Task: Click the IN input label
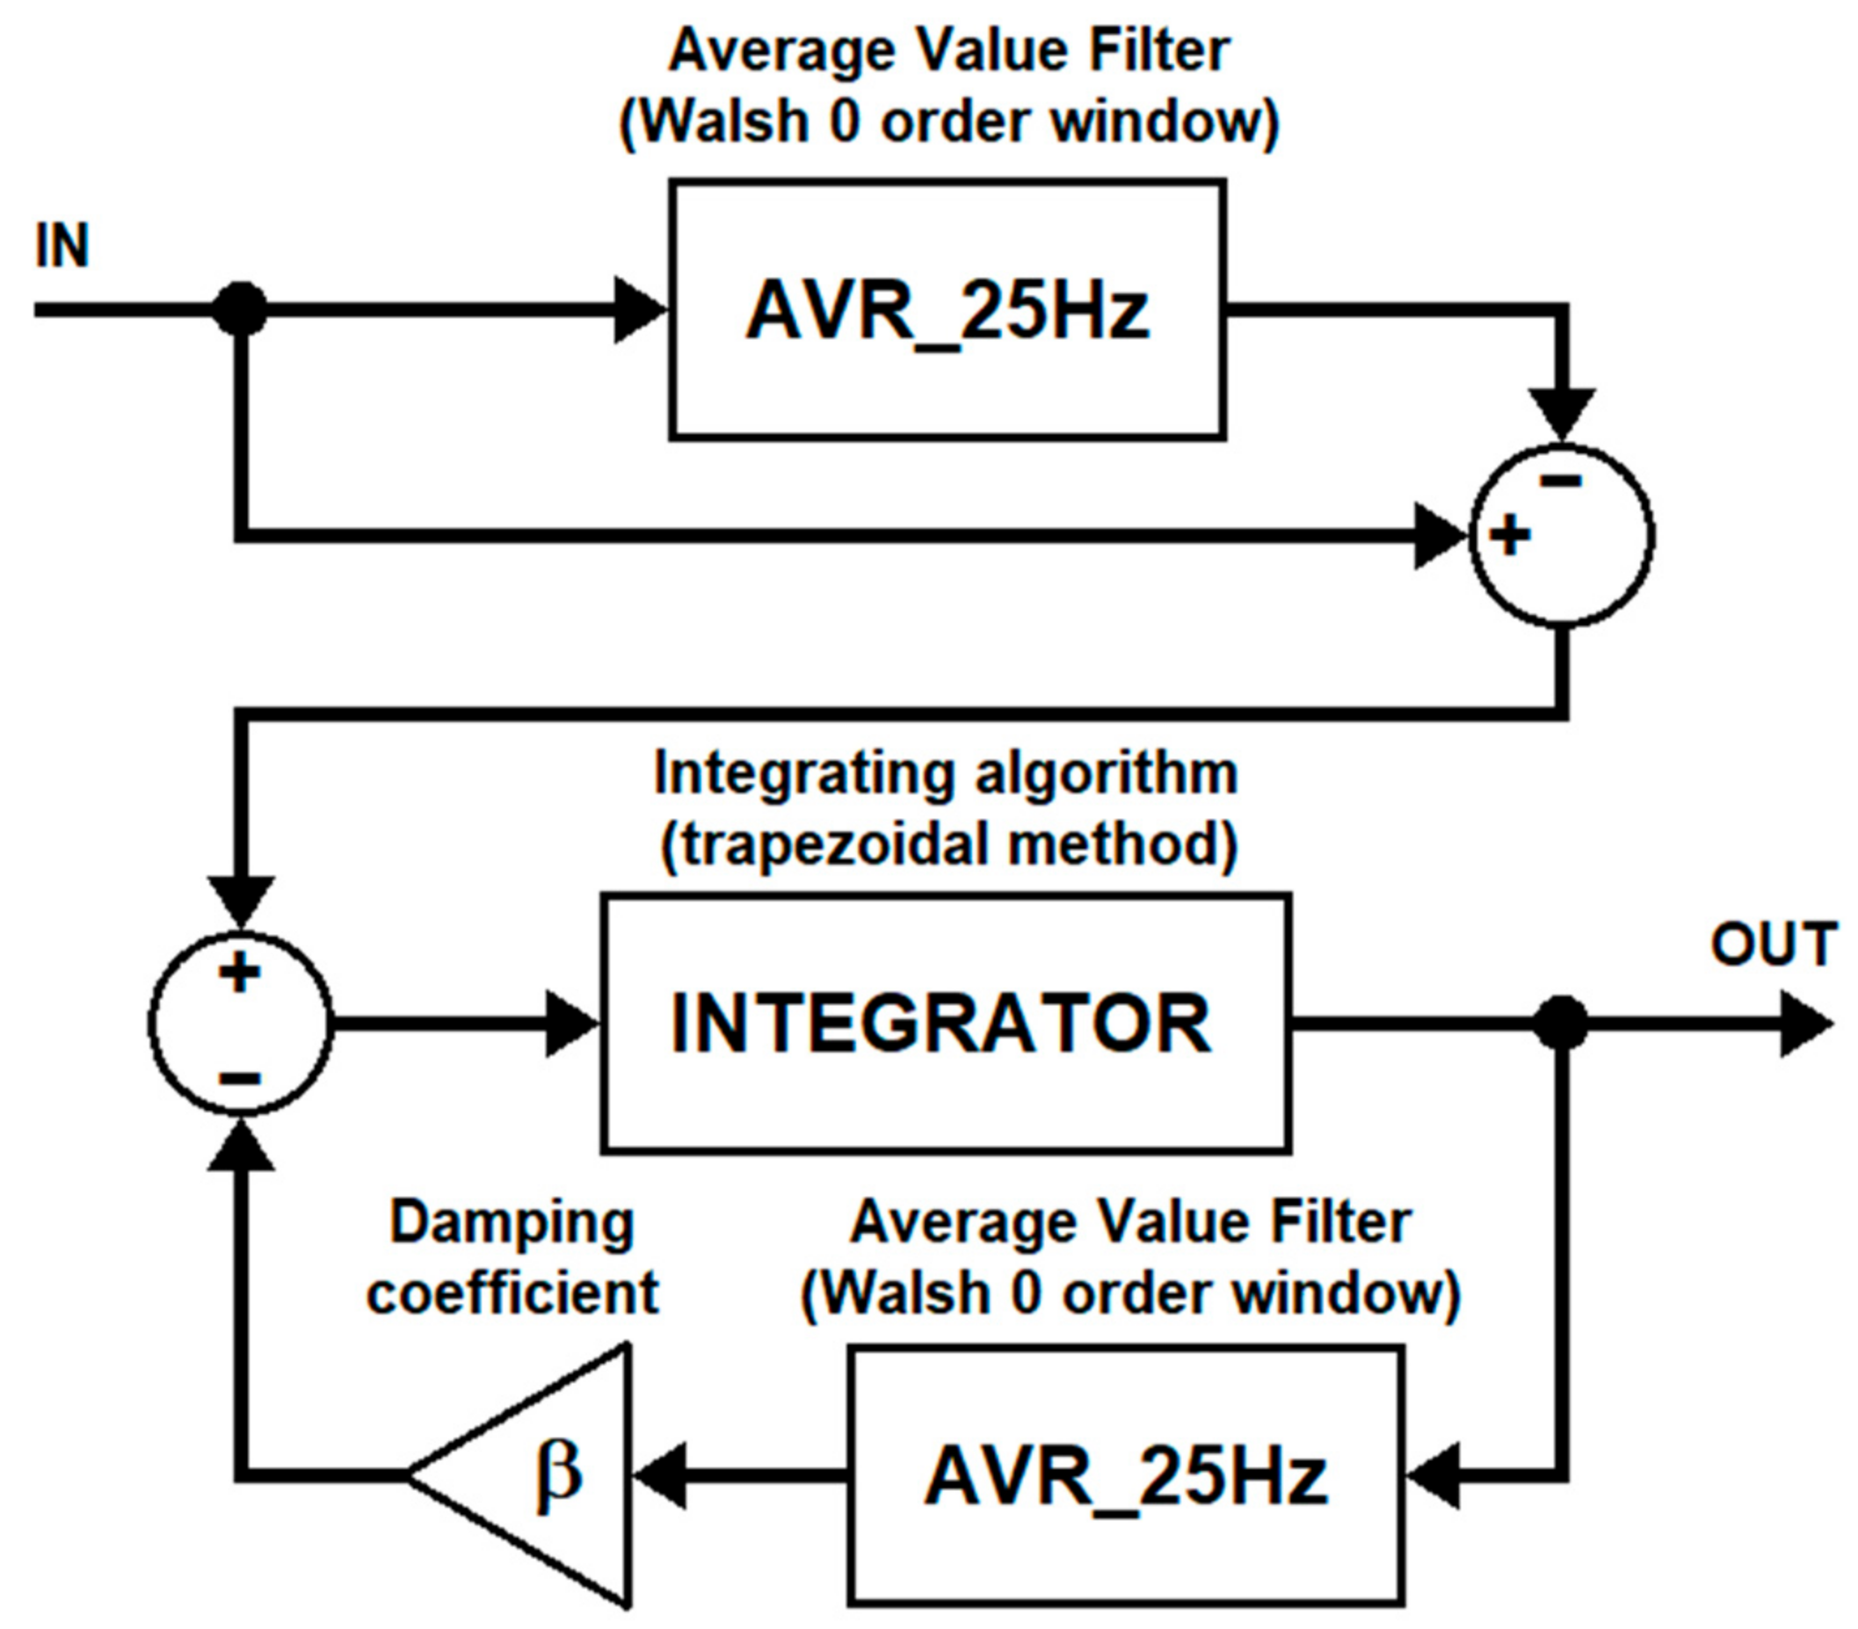tap(62, 245)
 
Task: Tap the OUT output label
tap(1773, 945)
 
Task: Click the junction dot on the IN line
tap(240, 310)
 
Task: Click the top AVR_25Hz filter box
tap(947, 310)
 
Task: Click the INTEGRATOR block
tap(946, 1023)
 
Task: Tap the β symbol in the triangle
tap(556, 1473)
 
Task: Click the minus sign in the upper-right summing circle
tap(1561, 481)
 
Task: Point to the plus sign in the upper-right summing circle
tap(1510, 535)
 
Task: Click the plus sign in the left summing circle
tap(240, 972)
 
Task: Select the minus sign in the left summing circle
tap(240, 1078)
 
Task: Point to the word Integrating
tap(803, 774)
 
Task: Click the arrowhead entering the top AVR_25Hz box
tap(640, 310)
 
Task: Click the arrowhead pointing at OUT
tap(1804, 1024)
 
